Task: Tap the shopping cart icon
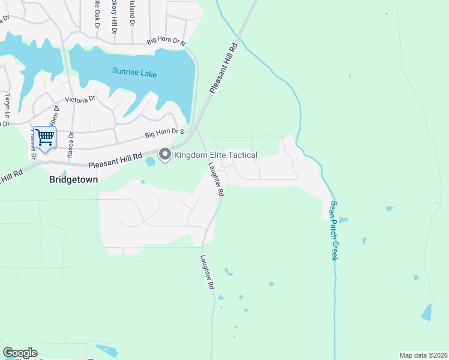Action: click(x=44, y=137)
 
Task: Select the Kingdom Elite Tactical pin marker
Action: click(x=165, y=155)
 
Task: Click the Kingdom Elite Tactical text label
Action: click(x=215, y=155)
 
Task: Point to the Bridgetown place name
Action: click(x=73, y=179)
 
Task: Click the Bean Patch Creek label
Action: click(x=333, y=230)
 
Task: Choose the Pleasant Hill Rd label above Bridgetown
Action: click(x=115, y=160)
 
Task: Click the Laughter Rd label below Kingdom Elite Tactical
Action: click(x=215, y=181)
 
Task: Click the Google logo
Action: click(x=20, y=353)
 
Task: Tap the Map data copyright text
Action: click(x=423, y=355)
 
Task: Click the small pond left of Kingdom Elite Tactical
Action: click(x=150, y=162)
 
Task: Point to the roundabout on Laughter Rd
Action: click(x=221, y=169)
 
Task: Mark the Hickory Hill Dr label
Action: click(x=113, y=13)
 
